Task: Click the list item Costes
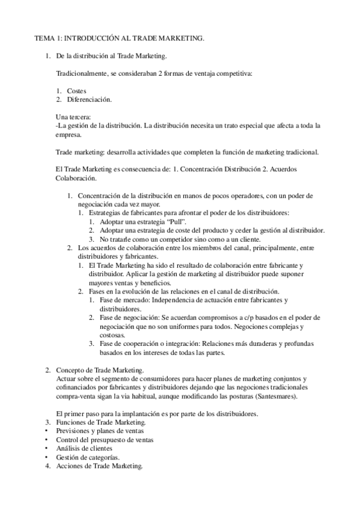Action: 76,90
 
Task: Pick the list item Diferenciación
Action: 89,99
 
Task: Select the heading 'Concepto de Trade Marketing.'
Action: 99,370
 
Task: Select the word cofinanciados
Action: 75,388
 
